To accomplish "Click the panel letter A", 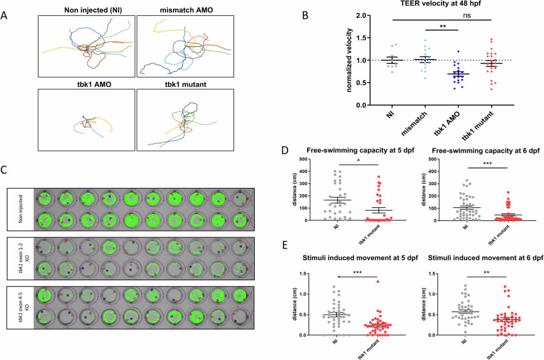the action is (x=4, y=16).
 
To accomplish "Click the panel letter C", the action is (x=4, y=170).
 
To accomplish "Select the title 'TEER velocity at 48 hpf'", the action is (x=441, y=4).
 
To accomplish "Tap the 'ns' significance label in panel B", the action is (x=467, y=16).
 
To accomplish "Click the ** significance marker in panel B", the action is (x=443, y=26).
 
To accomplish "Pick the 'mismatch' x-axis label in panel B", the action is (x=414, y=123).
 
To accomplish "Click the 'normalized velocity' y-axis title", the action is (x=349, y=61).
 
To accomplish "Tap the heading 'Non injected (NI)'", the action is (x=93, y=10).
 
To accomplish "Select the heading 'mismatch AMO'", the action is (x=187, y=10).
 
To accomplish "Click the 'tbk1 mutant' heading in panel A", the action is (x=186, y=84).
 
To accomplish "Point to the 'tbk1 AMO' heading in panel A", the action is (x=94, y=84).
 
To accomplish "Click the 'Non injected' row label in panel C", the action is (x=21, y=209).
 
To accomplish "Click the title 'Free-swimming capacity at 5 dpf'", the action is (x=360, y=151).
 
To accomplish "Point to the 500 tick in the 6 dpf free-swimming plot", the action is (x=431, y=159).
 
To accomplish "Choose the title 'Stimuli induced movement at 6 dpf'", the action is (x=485, y=258).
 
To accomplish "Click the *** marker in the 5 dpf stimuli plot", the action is (x=357, y=273).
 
